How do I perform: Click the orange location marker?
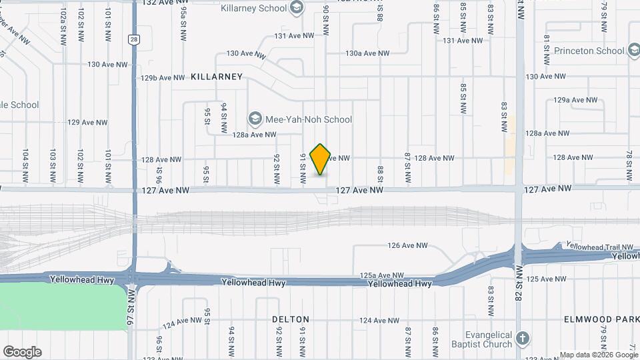pyautogui.click(x=321, y=159)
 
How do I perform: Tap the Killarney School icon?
pyautogui.click(x=297, y=9)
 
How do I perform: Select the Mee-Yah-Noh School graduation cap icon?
pyautogui.click(x=255, y=119)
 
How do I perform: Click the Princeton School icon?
pyautogui.click(x=634, y=50)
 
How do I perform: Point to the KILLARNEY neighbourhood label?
pyautogui.click(x=217, y=77)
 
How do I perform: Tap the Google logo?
pyautogui.click(x=22, y=352)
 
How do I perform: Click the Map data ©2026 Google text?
pyautogui.click(x=599, y=355)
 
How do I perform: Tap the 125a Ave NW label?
pyautogui.click(x=382, y=275)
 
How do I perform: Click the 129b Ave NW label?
pyautogui.click(x=162, y=77)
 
